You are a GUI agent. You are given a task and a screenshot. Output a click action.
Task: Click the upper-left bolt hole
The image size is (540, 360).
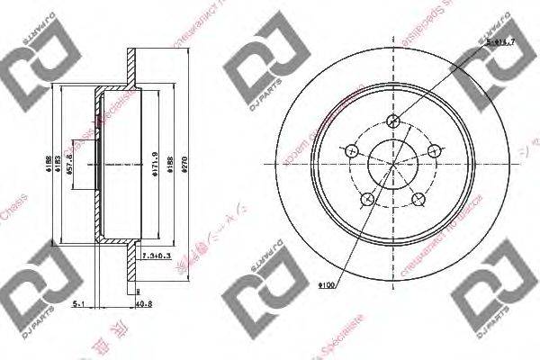(350, 150)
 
